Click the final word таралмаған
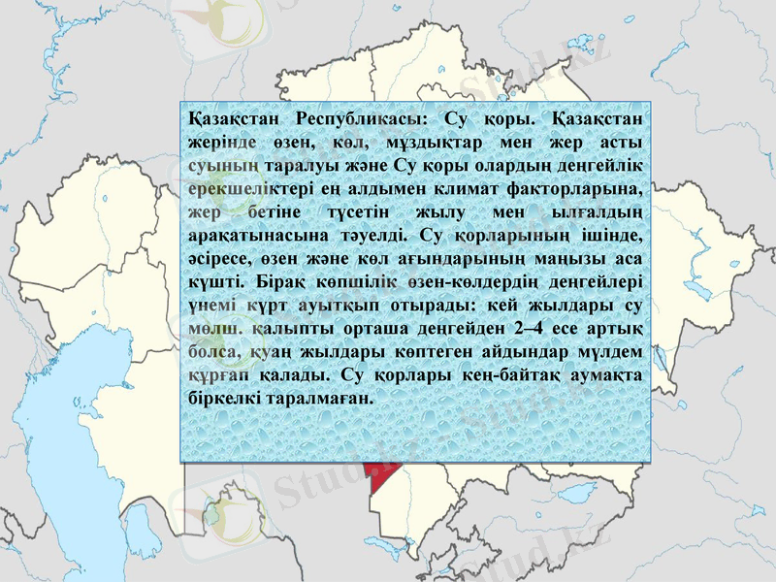[x=324, y=399]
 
